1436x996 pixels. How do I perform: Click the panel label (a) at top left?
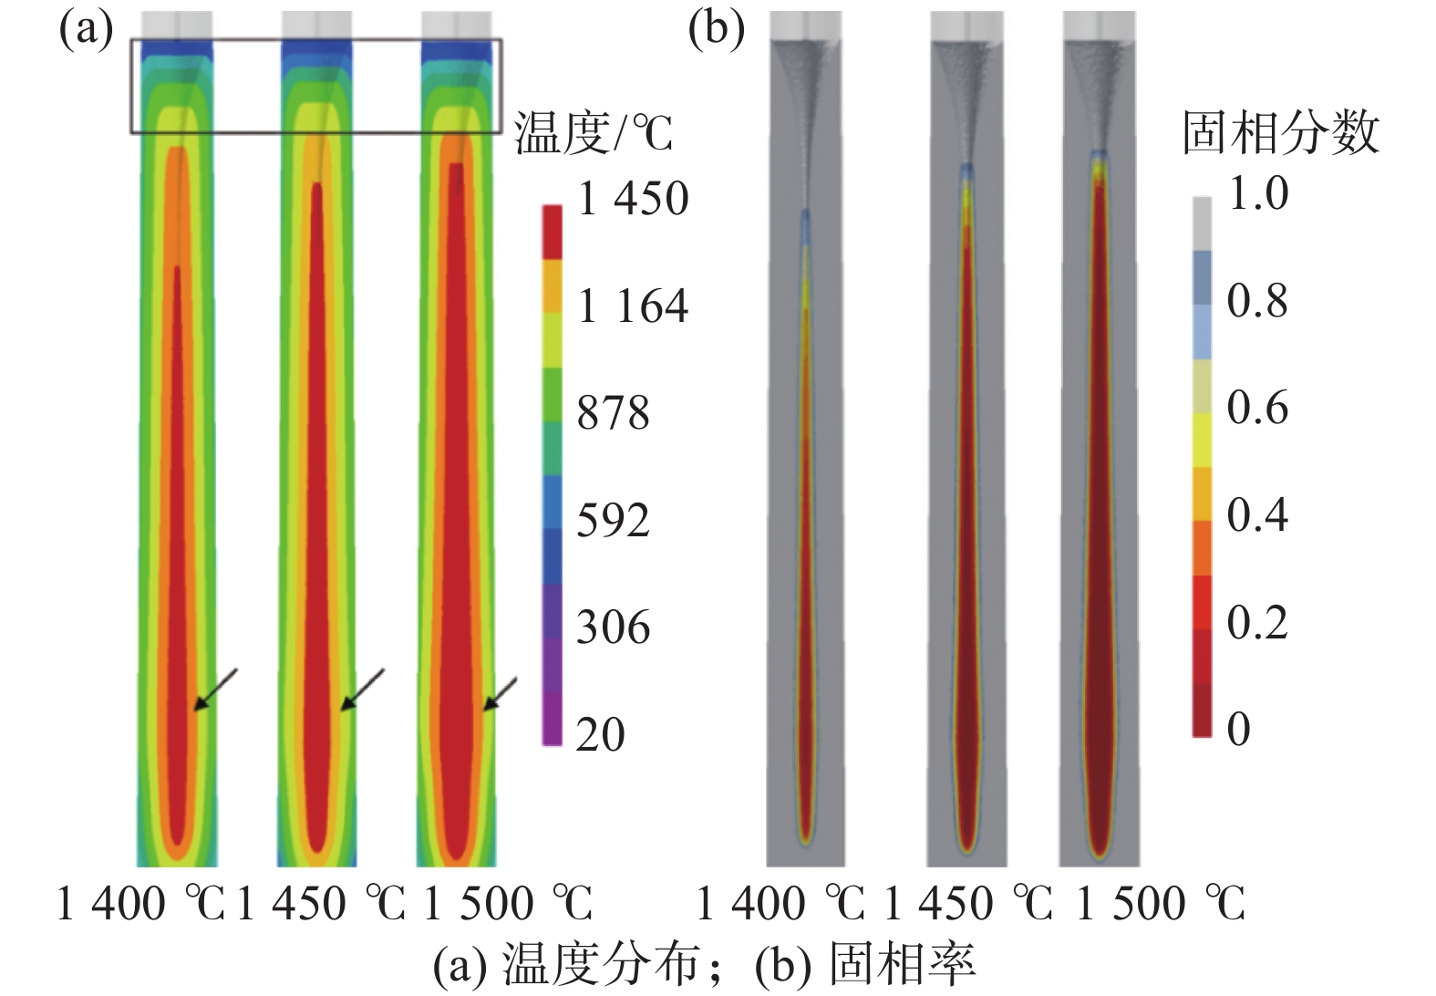(x=86, y=29)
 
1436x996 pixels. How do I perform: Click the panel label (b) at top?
(x=716, y=29)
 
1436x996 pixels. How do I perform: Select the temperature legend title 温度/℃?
(x=593, y=134)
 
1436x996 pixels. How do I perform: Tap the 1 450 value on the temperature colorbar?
(x=633, y=199)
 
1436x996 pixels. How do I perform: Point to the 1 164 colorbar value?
(x=633, y=306)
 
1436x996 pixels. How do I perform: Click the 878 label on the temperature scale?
(x=613, y=413)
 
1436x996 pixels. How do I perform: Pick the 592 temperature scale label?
(x=613, y=521)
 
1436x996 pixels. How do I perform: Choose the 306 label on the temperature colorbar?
(x=613, y=628)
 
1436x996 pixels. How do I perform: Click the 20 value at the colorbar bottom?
(x=600, y=734)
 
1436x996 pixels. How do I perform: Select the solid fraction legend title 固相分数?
(x=1280, y=133)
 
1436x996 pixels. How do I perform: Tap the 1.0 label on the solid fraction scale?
(x=1258, y=193)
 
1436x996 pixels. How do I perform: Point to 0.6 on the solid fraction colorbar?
(x=1257, y=408)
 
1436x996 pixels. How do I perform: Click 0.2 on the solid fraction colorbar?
(x=1257, y=623)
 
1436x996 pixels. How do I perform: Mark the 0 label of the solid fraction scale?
(x=1238, y=730)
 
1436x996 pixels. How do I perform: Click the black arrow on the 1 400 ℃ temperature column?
(x=215, y=690)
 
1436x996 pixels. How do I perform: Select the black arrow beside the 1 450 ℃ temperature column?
(x=362, y=690)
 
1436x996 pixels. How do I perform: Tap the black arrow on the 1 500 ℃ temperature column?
(x=500, y=694)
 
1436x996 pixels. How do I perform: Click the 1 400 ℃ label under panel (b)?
(x=780, y=905)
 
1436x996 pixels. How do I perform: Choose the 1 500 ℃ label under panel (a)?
(x=508, y=905)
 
